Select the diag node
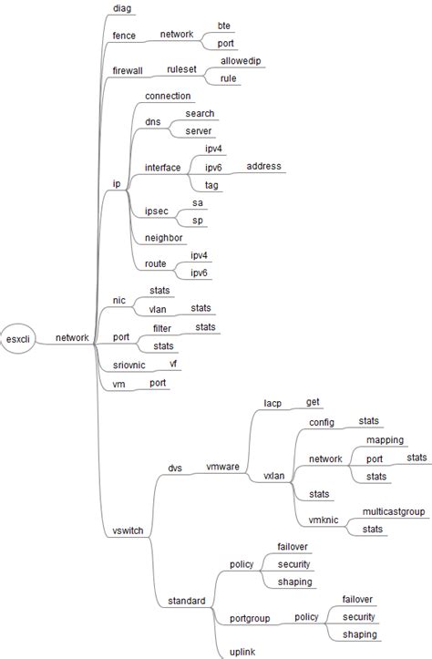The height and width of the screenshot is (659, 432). coord(121,8)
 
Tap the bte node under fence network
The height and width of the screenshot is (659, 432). coord(224,26)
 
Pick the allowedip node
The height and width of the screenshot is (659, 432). coord(242,61)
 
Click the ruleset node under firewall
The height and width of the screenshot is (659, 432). coord(182,69)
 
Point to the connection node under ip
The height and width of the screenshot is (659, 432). coord(168,96)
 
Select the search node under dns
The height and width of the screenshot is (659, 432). coord(200,114)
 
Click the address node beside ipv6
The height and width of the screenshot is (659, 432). coord(264,167)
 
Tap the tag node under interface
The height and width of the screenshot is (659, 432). coord(211,185)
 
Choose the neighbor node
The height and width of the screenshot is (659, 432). coord(164,238)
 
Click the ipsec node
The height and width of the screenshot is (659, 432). coord(157,211)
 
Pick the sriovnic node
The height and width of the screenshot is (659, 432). coord(129,365)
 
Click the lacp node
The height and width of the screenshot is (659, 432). coord(273,402)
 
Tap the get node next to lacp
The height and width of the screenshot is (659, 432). coord(313,401)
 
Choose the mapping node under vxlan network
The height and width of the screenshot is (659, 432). coord(385,440)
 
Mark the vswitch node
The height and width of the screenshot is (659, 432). coord(127,531)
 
